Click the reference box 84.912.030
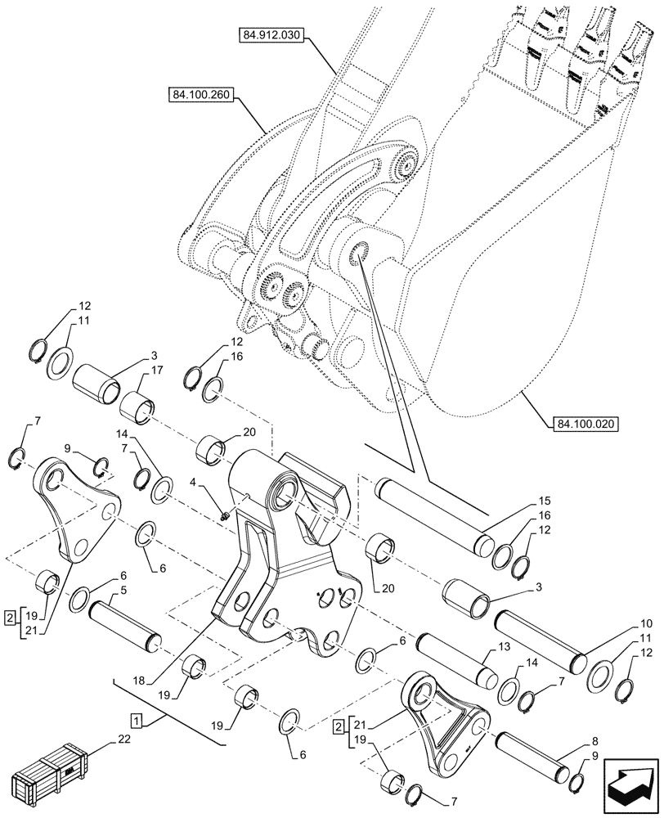pos(271,34)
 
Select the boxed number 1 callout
pos(137,720)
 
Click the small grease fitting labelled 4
pos(225,515)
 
